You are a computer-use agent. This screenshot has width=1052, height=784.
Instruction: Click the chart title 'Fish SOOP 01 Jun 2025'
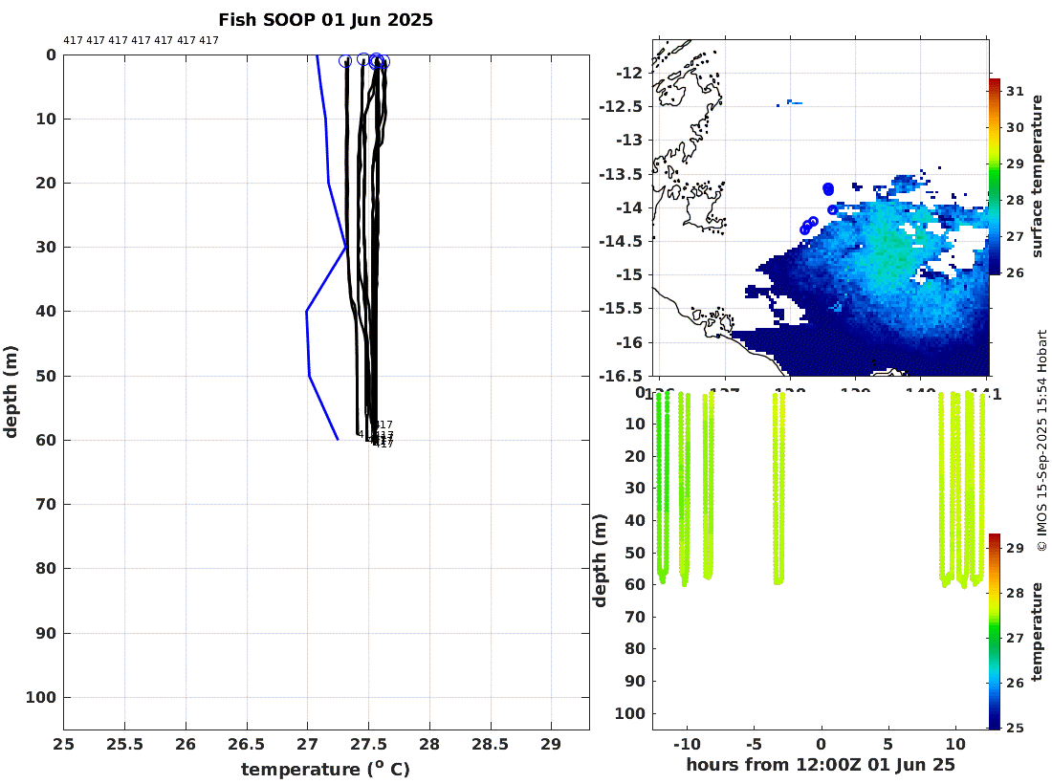(x=325, y=20)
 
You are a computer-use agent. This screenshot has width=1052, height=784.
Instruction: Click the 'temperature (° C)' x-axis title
(x=325, y=769)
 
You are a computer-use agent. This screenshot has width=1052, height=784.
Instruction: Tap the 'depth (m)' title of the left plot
(x=11, y=391)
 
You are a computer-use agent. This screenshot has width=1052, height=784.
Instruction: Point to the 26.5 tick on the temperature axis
(x=246, y=745)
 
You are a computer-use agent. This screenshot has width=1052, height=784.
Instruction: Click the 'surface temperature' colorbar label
(x=1036, y=177)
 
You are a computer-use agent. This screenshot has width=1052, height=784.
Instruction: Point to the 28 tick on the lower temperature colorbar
(x=1015, y=593)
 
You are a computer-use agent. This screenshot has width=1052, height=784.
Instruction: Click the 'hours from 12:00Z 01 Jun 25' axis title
(x=821, y=765)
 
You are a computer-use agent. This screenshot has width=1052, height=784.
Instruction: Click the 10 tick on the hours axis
(x=954, y=744)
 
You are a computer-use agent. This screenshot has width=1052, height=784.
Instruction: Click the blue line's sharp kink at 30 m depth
(x=345, y=247)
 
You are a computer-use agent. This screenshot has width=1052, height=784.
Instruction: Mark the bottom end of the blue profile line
(x=338, y=439)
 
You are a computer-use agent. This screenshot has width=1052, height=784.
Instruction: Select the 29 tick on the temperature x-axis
(x=551, y=745)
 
